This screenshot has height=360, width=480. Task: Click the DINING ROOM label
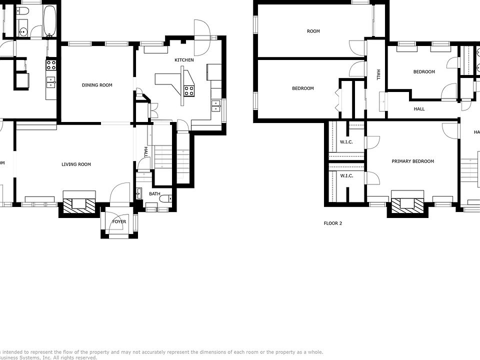(97, 85)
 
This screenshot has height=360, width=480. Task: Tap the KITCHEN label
(184, 60)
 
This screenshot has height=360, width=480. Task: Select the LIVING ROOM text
(76, 164)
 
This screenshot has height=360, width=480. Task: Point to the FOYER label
(119, 221)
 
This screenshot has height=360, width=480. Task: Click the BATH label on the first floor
(154, 193)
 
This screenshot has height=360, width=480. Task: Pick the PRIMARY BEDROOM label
(412, 161)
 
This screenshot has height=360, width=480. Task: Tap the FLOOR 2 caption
(333, 223)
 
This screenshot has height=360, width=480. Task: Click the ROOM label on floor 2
(313, 31)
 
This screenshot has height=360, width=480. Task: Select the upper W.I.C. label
(346, 142)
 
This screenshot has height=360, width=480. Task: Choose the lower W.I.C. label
(346, 175)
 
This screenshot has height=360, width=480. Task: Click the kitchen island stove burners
(189, 90)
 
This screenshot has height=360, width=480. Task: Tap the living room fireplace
(77, 204)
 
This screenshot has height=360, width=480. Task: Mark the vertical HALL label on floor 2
(378, 75)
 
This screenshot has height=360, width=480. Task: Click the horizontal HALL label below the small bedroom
(419, 108)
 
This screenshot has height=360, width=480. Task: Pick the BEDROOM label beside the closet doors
(303, 88)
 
